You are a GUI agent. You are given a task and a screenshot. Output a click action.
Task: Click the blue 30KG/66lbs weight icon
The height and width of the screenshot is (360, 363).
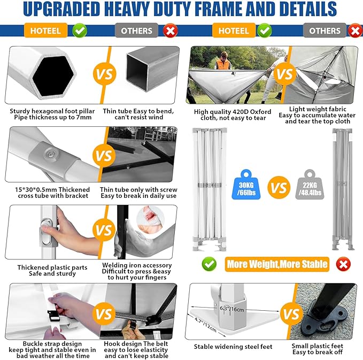pos(246,185)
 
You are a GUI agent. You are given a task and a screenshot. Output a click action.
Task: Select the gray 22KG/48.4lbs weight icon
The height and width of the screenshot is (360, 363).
pos(310,185)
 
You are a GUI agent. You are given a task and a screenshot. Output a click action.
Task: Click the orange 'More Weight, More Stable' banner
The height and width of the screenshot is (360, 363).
pos(277,264)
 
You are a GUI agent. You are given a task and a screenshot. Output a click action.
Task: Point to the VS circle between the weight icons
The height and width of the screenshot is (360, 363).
pos(279,187)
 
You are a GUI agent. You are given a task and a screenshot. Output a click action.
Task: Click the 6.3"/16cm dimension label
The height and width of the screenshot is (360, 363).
pos(231,309)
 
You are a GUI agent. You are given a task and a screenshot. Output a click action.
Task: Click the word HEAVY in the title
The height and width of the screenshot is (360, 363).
pos(127,9)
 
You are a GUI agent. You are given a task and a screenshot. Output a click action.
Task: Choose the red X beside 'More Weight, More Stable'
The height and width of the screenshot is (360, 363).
pos(343,264)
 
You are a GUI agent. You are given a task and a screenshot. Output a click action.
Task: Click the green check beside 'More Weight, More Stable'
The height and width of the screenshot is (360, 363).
pos(209,264)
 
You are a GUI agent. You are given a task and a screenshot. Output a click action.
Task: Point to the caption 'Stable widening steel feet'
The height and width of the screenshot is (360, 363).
pos(233,347)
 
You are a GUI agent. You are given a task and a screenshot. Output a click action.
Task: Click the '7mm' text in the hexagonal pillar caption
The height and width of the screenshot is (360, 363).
pos(84,117)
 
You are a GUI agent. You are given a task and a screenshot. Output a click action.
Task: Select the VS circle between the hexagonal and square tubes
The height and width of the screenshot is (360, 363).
pos(104,74)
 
